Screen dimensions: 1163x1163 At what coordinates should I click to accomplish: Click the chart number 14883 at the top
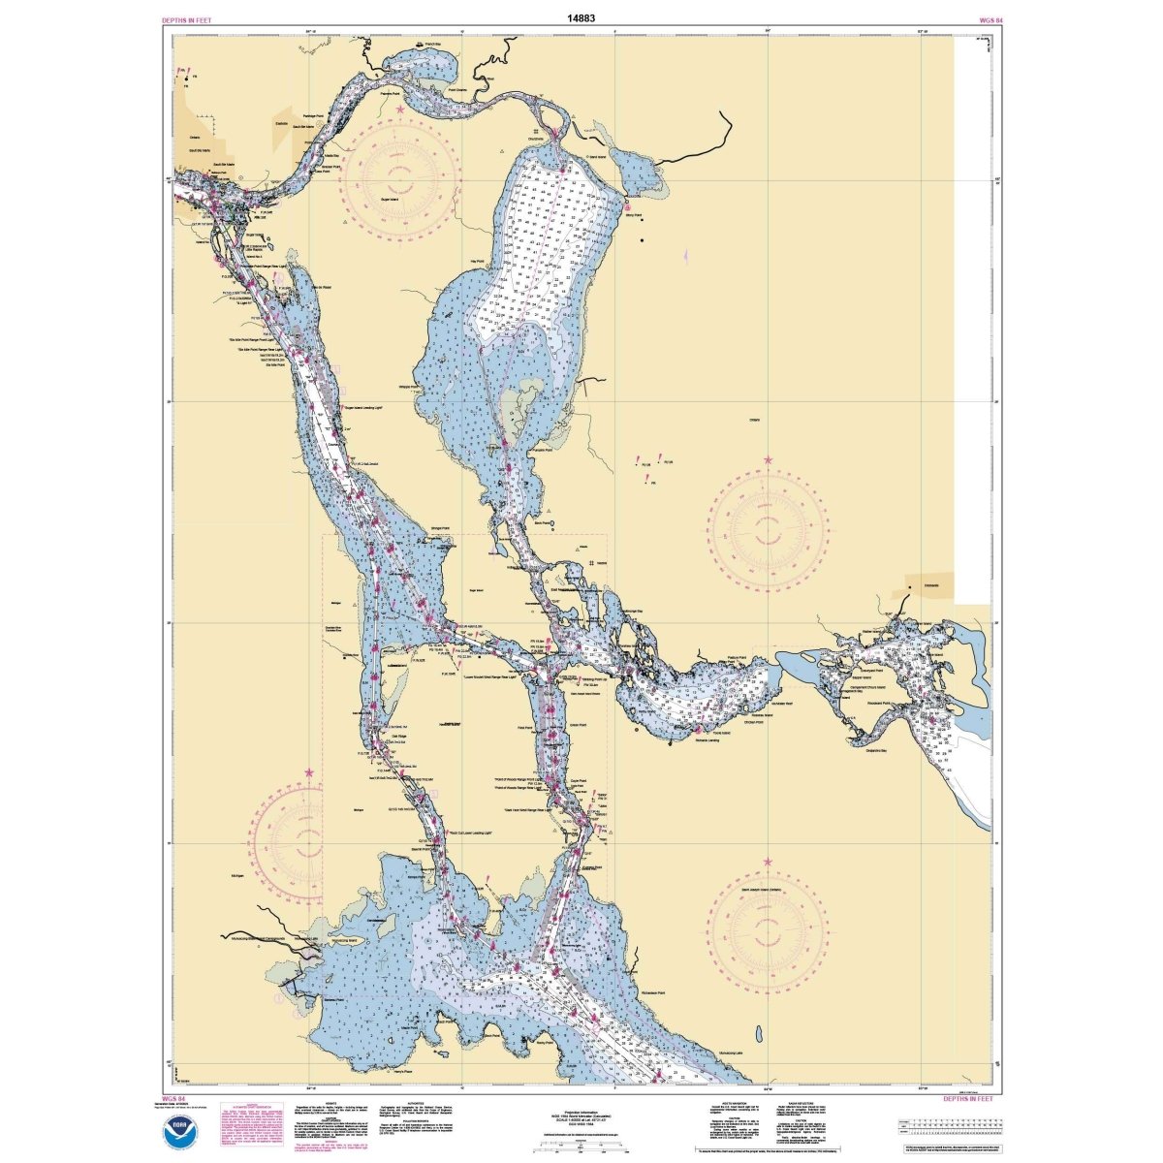click(581, 17)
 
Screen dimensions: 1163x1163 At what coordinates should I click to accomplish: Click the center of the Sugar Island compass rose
click(398, 176)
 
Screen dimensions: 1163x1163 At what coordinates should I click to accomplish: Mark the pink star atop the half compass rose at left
click(309, 772)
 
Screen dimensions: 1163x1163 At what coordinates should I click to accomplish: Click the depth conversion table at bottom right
click(945, 1128)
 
